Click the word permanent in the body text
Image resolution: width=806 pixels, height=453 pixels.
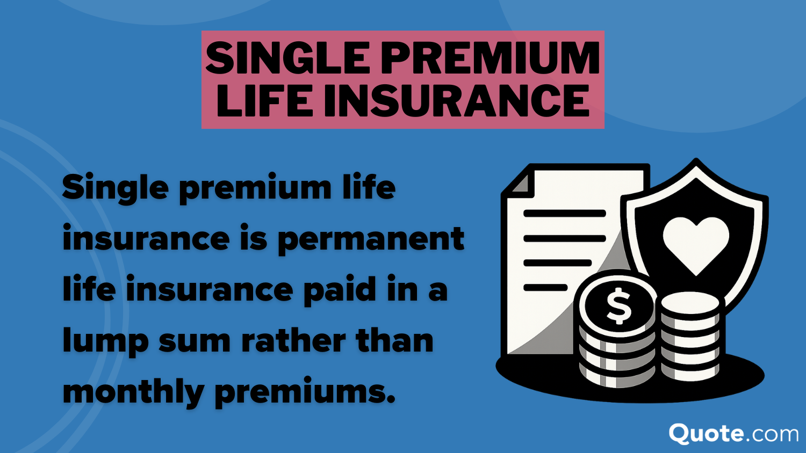[x=371, y=239]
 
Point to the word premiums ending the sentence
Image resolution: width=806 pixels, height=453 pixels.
[x=304, y=392]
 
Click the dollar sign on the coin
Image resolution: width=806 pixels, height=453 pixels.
[x=619, y=306]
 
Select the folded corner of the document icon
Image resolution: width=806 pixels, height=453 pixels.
[x=520, y=182]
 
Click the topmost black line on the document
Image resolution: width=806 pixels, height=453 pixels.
[x=564, y=214]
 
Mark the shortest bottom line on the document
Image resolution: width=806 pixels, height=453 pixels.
[x=545, y=288]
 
